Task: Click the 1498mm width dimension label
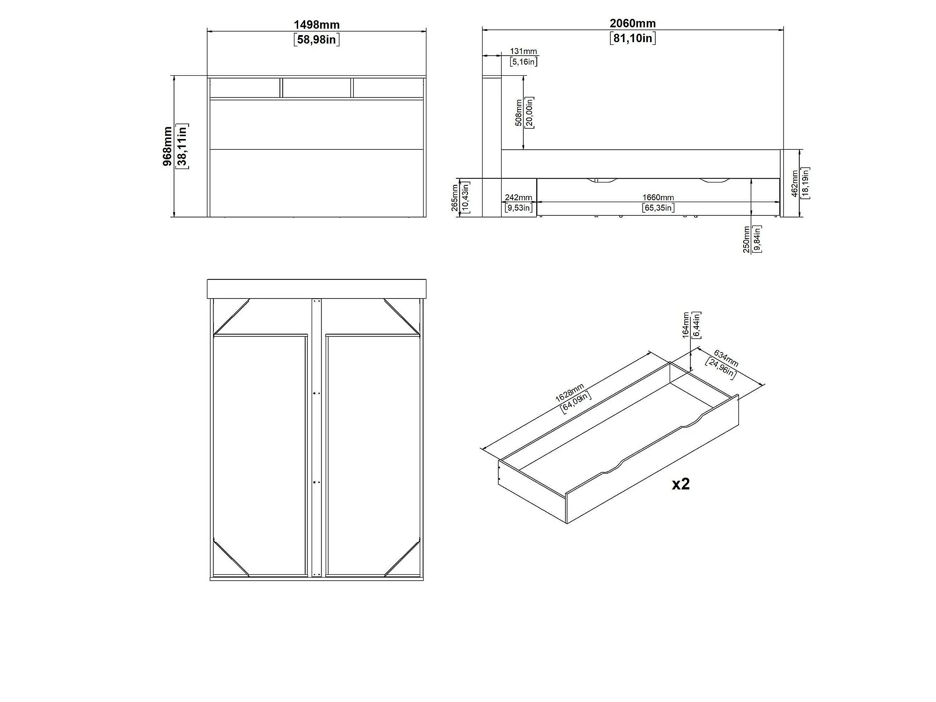(316, 24)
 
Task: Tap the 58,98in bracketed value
(316, 39)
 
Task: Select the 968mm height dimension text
(168, 146)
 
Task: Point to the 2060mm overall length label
(633, 23)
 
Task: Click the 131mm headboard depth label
(523, 51)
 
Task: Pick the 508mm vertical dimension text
(519, 113)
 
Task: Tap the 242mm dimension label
(519, 197)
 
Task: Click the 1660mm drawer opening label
(658, 197)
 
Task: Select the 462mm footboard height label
(795, 183)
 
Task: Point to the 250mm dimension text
(746, 239)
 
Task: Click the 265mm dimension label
(455, 197)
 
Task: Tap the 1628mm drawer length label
(570, 393)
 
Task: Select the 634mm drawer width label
(726, 358)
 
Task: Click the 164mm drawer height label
(686, 325)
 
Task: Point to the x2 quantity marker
(681, 484)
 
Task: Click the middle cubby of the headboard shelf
(316, 88)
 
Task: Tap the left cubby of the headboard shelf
(245, 88)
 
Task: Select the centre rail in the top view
(317, 437)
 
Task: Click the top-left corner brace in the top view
(232, 317)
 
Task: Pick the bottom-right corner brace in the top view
(402, 557)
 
